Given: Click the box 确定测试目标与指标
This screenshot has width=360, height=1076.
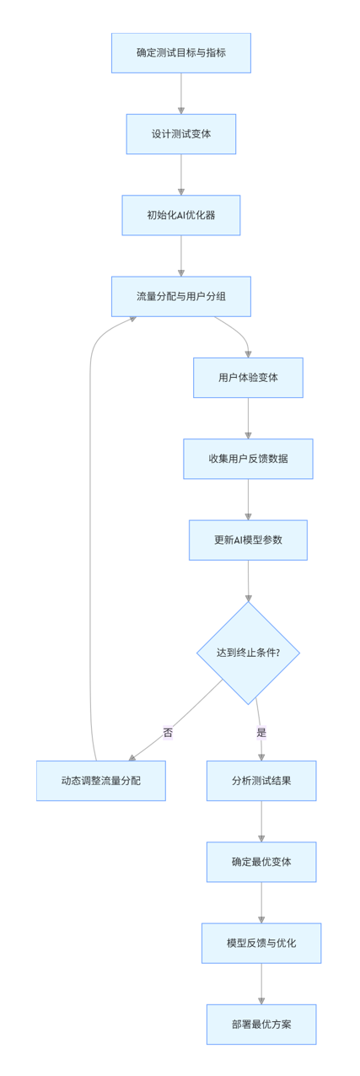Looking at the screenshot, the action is pos(181,53).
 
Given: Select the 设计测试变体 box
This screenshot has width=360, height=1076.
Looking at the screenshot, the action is pos(181,134).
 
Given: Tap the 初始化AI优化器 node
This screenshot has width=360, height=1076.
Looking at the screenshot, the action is pos(181,215).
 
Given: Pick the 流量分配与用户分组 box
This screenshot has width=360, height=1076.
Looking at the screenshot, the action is pos(181,296).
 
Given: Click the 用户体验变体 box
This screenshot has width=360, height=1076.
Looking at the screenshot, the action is pos(248,378).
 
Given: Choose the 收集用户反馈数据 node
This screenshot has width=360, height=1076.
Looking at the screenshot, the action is pos(248,459).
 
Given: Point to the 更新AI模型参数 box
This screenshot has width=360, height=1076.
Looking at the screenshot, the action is pos(248,540).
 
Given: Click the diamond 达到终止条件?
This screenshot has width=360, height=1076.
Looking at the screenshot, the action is pos(248,653).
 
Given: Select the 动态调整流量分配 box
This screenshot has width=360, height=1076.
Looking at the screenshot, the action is pos(101,781).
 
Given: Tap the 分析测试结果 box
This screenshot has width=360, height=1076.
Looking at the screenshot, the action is pos(261,781).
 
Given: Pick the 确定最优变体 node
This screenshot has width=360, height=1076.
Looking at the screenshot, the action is pos(261,862).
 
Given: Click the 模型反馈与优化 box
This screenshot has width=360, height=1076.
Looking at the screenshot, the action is pos(261,943).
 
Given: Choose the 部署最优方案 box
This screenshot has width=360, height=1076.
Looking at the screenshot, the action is pos(261,1024).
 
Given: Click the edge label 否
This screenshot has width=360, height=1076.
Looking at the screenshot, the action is pos(168,733).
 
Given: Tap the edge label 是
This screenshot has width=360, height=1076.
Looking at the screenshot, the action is pos(261,733).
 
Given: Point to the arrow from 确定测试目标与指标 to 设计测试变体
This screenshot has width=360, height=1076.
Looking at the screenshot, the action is pos(181,94).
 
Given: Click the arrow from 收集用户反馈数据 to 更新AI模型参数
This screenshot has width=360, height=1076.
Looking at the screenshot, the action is pos(248,499).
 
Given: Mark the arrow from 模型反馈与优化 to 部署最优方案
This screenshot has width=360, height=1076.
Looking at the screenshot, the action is pos(261,984).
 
